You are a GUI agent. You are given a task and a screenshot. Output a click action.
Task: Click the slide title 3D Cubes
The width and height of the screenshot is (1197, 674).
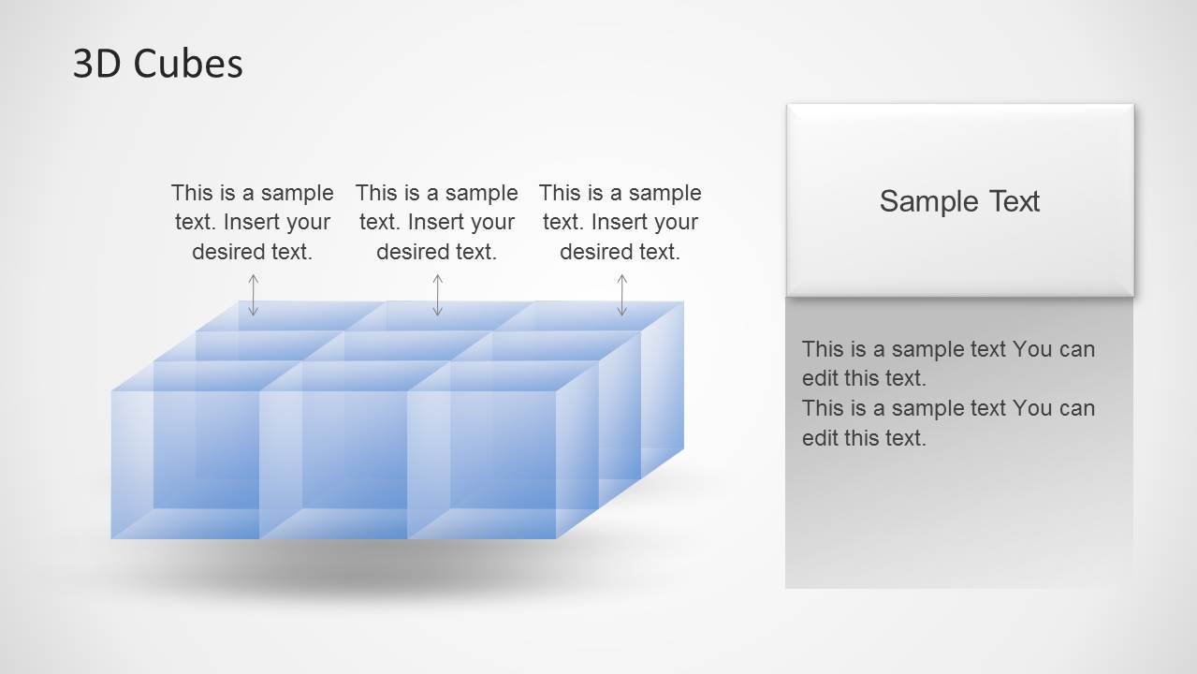tap(157, 64)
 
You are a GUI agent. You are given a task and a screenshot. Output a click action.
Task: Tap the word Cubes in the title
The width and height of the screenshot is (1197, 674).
tap(188, 64)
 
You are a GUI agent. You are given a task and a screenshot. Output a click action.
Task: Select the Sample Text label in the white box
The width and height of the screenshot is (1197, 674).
tap(959, 201)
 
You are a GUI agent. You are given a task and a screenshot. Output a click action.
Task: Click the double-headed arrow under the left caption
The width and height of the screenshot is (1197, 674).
tap(254, 295)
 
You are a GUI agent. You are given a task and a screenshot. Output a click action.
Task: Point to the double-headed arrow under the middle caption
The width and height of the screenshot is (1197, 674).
tap(438, 295)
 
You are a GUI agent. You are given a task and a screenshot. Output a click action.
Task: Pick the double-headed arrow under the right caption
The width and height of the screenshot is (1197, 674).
tap(622, 295)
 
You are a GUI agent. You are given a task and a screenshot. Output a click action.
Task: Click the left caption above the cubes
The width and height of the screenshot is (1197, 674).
tap(253, 223)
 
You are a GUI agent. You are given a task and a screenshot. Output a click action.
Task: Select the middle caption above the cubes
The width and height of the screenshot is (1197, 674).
tap(436, 223)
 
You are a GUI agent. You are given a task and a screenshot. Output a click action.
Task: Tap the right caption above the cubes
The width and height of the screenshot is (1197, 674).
tap(620, 223)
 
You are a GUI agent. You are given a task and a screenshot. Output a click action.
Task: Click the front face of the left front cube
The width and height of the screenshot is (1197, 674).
tap(185, 464)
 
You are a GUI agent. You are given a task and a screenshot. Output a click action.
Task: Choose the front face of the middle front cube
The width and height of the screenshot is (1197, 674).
tap(333, 464)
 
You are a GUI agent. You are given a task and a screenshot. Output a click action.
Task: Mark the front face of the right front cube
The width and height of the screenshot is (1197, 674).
tap(481, 464)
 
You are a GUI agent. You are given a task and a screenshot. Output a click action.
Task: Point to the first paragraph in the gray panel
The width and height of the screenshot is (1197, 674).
tap(948, 363)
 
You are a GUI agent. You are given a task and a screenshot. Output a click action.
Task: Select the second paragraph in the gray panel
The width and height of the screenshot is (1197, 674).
tap(948, 423)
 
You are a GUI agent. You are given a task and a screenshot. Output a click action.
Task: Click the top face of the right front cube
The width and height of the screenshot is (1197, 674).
tap(503, 375)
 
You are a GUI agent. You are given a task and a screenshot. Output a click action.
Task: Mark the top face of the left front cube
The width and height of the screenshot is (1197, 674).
tap(206, 375)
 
